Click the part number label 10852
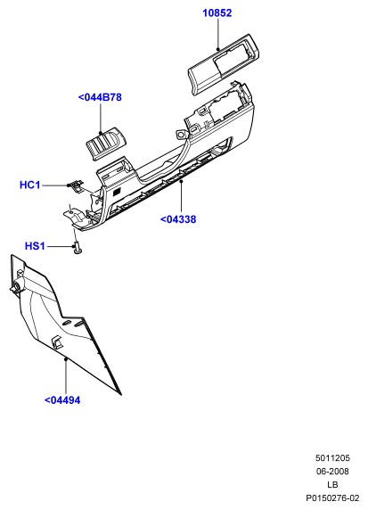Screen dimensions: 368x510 (217, 13)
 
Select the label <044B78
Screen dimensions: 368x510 (100, 97)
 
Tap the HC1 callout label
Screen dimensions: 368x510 (30, 185)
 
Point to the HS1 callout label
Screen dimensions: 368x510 (35, 246)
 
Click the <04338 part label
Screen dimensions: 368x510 (178, 219)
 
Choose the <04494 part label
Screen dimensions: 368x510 (62, 399)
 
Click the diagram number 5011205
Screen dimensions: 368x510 (332, 458)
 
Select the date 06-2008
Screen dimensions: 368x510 (332, 472)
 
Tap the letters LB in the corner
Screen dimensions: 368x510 (332, 485)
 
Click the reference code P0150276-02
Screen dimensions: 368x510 (332, 498)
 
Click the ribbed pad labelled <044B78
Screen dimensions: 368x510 (106, 144)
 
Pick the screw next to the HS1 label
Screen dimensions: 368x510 (77, 248)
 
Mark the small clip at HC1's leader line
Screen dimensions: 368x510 (76, 186)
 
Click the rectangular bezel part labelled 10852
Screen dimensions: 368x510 (225, 64)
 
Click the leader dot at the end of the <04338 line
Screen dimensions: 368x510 (182, 181)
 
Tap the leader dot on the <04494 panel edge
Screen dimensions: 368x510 (66, 359)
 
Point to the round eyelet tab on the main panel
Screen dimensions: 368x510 (180, 134)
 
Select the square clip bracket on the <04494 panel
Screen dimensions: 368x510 (57, 342)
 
